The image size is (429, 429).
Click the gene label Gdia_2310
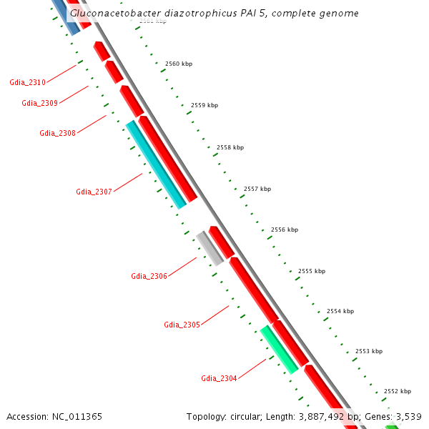coord(28,83)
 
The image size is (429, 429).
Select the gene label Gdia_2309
coord(40,104)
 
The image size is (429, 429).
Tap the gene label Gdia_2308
coord(58,133)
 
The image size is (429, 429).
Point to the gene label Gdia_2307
coord(94,192)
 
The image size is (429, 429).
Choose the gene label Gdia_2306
coord(149,276)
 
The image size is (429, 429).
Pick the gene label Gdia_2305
coord(182,325)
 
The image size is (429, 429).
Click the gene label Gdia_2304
coord(220,378)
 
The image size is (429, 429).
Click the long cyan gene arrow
coord(156,164)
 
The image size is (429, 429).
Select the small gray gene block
coord(209,248)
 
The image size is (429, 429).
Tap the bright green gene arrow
coord(279,349)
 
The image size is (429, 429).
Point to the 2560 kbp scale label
coord(179,64)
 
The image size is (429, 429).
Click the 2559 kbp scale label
coord(204,105)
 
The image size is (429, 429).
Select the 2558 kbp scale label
coord(230,147)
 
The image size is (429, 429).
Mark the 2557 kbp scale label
coord(257,189)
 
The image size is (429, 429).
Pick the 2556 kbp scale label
coord(284,230)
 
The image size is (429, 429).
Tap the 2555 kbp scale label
coord(311,271)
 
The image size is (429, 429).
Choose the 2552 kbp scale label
coord(398,391)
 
